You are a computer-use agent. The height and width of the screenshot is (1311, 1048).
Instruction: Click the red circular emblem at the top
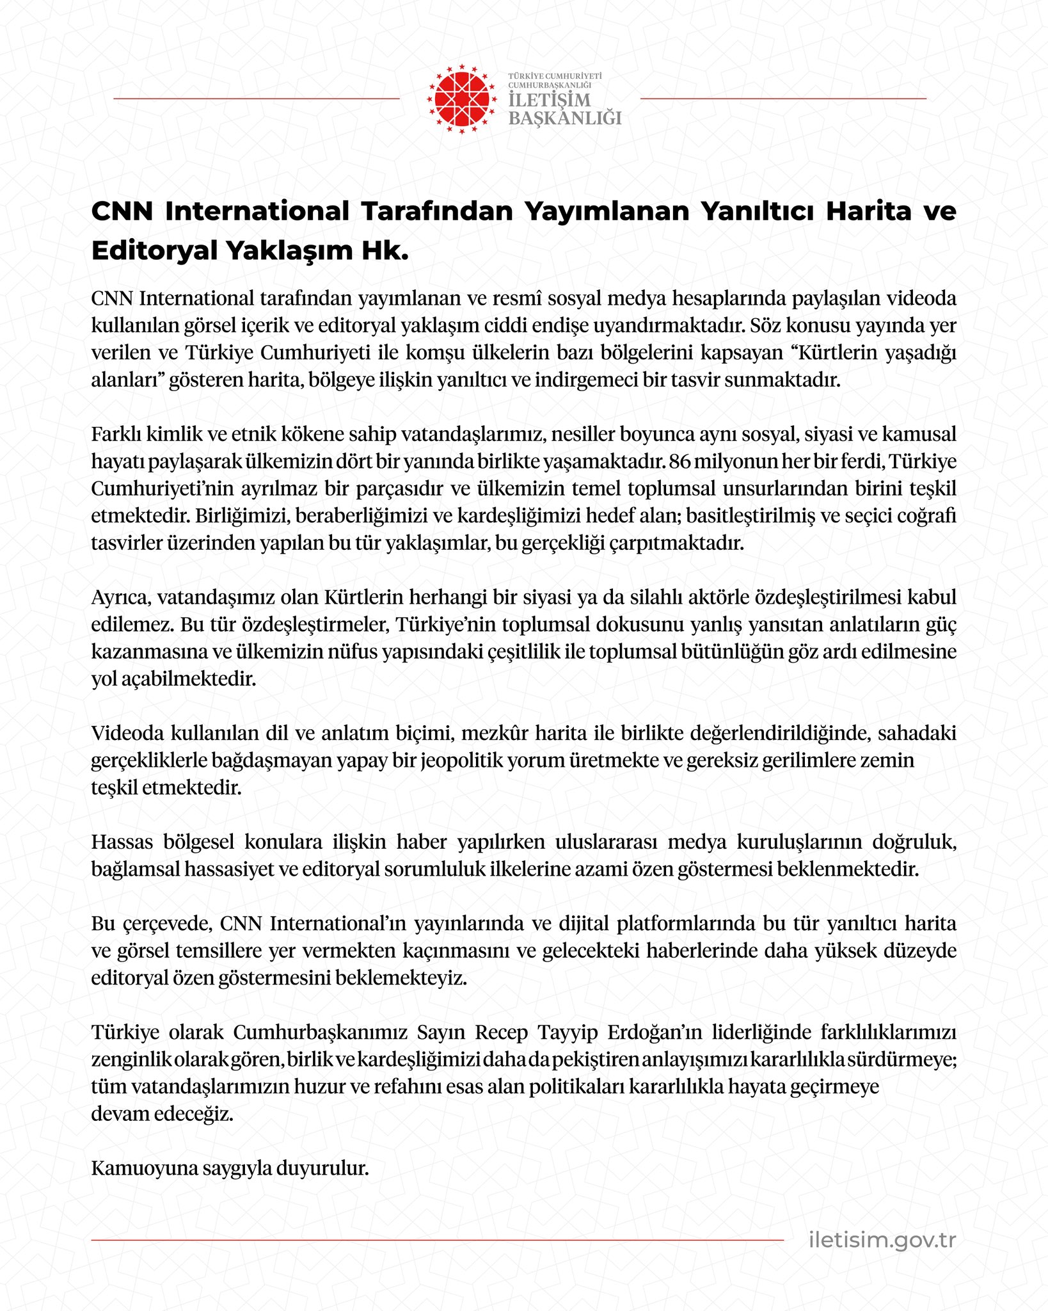point(461,99)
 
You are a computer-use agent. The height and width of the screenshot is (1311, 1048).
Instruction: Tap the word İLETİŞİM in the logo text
point(550,101)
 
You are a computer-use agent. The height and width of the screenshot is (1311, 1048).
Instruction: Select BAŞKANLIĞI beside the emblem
point(564,118)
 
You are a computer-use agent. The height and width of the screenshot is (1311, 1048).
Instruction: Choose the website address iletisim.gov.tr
point(882,1240)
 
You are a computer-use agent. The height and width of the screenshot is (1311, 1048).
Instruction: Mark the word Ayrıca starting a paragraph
point(120,597)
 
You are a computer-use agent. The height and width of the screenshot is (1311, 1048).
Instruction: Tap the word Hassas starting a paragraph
point(122,842)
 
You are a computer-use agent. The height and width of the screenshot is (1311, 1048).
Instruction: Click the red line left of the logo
point(256,99)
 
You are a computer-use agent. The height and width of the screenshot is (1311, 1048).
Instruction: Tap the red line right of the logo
point(783,99)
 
